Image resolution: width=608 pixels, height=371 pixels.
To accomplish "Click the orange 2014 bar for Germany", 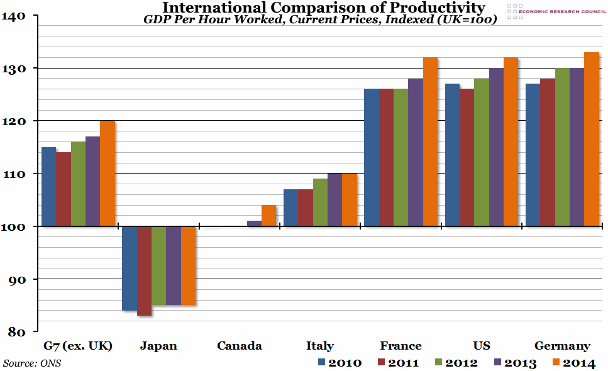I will [x=592, y=139].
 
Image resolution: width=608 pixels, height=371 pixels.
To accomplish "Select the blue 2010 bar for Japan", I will [x=129, y=269].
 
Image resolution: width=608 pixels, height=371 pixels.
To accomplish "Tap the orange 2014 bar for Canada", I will [x=268, y=216].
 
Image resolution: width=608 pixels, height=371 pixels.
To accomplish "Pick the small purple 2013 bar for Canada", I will [x=254, y=223].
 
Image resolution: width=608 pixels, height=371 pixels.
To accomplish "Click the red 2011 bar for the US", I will [x=467, y=158].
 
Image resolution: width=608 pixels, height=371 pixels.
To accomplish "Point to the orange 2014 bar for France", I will [x=430, y=141].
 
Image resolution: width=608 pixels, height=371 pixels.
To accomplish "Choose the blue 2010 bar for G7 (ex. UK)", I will [x=48, y=187].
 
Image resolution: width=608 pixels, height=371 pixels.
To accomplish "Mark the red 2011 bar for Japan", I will [x=144, y=271].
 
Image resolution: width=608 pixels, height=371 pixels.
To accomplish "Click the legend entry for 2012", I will [x=455, y=363].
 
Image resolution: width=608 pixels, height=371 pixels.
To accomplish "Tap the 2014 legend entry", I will [x=572, y=363].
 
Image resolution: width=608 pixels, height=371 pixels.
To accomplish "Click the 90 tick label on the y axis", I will [x=17, y=279].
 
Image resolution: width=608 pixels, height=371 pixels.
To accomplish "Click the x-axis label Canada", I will [x=239, y=346].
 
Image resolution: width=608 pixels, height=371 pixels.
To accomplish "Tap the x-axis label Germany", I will [x=561, y=346].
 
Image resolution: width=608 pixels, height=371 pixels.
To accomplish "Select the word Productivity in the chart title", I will [x=436, y=8].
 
